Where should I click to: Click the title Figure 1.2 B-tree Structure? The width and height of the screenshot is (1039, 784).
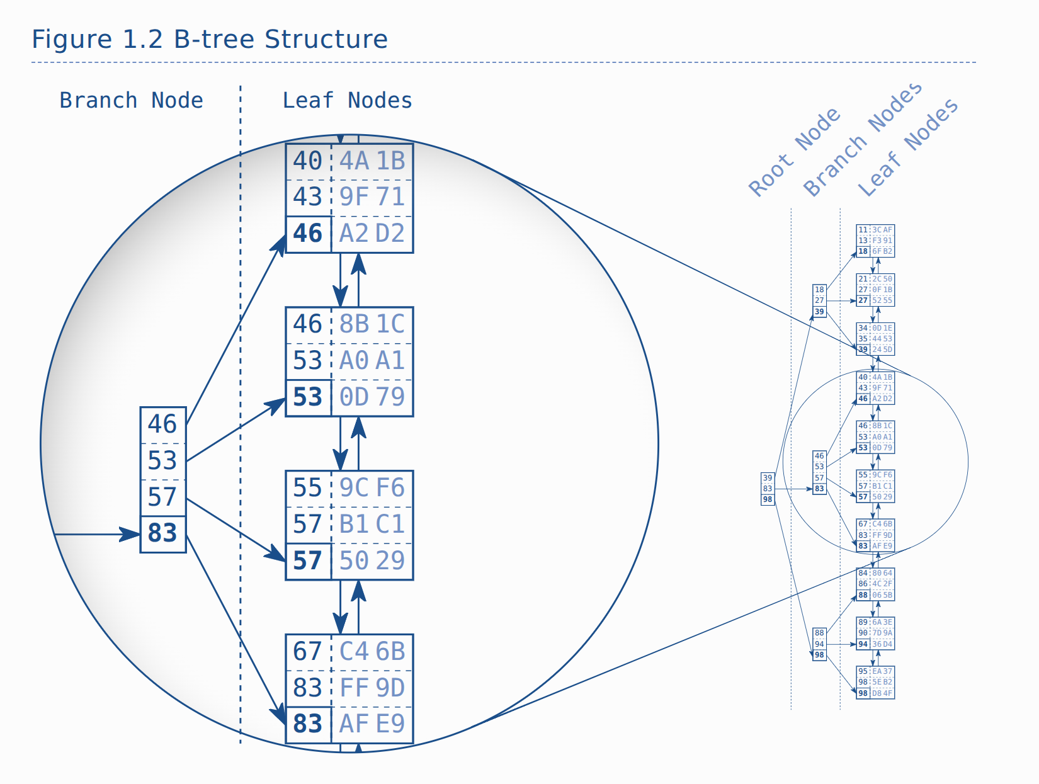coord(210,39)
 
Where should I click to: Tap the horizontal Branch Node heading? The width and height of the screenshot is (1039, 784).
coord(131,100)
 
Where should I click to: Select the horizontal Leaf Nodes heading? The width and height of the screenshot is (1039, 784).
coord(347,100)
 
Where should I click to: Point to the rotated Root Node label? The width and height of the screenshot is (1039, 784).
coord(794,152)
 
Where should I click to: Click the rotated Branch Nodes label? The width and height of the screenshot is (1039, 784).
coord(862,140)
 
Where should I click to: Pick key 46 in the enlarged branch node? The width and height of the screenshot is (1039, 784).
coord(162,424)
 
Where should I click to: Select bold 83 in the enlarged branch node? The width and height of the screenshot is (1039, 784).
coord(162,533)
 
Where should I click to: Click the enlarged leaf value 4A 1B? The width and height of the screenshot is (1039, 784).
coord(372,161)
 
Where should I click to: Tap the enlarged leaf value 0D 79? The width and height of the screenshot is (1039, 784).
coord(372,397)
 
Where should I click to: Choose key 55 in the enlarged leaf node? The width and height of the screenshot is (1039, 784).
coord(307,488)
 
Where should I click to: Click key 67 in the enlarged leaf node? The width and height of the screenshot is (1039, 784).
coord(307,652)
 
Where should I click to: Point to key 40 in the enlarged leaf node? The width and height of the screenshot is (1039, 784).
coord(307,161)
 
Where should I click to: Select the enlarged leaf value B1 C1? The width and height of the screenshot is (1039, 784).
coord(372,525)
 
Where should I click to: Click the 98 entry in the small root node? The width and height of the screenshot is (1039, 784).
coord(768,499)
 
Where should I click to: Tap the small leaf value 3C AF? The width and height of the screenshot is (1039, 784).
coord(882,230)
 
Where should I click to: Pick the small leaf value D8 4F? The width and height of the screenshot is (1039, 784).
coord(882,693)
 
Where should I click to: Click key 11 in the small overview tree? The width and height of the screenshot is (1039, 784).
coord(863,230)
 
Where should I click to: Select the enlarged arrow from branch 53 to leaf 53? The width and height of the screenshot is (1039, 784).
coord(236,430)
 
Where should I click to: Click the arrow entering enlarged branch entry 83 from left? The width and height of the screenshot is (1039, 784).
coord(94,535)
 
